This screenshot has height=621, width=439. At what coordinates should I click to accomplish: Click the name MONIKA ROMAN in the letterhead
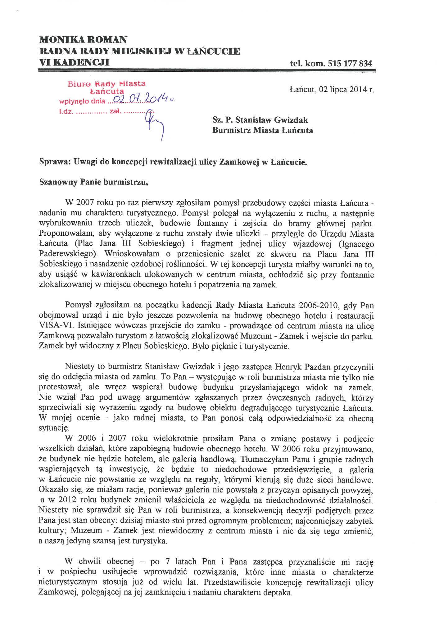(83, 40)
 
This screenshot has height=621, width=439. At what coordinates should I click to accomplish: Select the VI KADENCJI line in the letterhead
(74, 62)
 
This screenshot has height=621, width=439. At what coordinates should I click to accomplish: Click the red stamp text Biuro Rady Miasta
(106, 84)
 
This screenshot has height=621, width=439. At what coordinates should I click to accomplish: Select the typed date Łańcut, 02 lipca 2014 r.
(331, 89)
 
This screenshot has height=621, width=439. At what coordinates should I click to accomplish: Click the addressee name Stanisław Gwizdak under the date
(272, 120)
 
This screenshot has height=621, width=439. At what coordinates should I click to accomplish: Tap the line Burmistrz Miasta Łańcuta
(263, 130)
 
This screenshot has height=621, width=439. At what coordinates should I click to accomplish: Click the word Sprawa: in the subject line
(55, 162)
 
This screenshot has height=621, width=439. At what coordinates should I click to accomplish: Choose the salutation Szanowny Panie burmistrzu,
(93, 182)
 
